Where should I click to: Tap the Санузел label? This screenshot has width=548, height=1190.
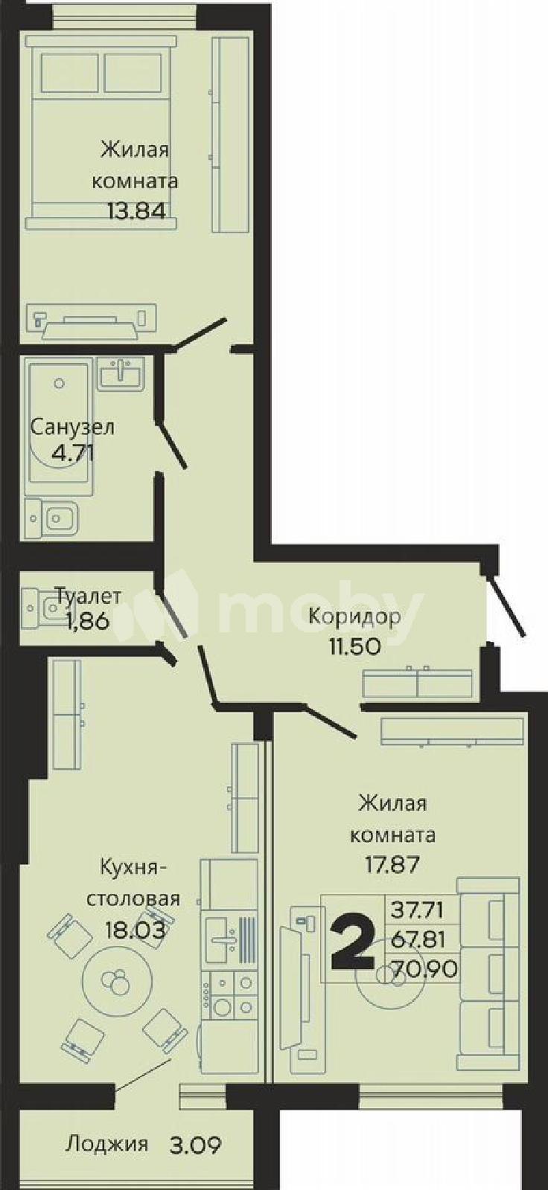pyautogui.click(x=72, y=427)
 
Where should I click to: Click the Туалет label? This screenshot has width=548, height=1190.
pyautogui.click(x=89, y=596)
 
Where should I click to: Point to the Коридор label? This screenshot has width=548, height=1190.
pyautogui.click(x=354, y=617)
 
